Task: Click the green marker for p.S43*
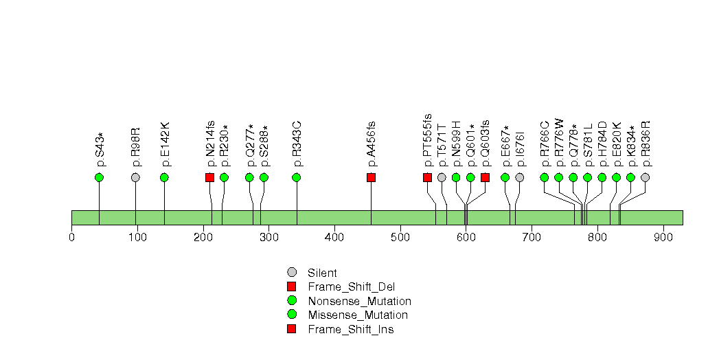99,177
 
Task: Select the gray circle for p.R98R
135,177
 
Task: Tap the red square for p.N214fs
209,177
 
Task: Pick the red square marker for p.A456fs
371,177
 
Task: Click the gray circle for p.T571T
442,177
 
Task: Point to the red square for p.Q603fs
485,177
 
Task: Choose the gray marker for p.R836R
645,177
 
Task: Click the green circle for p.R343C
297,177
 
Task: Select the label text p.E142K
166,144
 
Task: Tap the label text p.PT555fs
427,140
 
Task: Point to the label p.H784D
603,144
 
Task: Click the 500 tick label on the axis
400,237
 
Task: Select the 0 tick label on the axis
71,237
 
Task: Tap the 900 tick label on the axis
663,237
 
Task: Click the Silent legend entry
322,273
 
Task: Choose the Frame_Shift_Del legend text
351,287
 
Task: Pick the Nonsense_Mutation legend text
359,301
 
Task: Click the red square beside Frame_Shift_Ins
292,329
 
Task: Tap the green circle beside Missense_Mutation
292,315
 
